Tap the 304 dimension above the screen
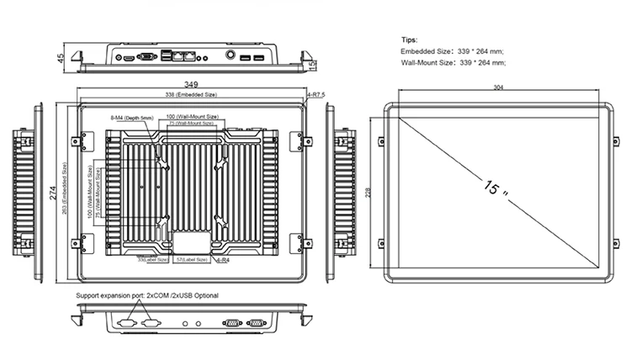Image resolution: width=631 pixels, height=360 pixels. [x=499, y=87]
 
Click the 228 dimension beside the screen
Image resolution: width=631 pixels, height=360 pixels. [x=368, y=193]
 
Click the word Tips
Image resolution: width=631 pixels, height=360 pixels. [x=409, y=40]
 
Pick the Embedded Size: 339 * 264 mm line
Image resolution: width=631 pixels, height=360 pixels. [x=453, y=51]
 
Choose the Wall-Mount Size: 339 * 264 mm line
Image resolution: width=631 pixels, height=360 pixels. [x=454, y=63]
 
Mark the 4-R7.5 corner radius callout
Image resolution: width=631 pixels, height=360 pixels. [x=316, y=96]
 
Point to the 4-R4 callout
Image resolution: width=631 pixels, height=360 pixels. [x=224, y=261]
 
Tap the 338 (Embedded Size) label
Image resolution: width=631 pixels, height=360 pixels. [x=191, y=95]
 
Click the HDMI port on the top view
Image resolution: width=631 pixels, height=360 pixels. [x=128, y=59]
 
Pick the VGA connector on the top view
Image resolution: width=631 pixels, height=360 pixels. [x=146, y=58]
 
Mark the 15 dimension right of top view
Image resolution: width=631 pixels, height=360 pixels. [x=312, y=65]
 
